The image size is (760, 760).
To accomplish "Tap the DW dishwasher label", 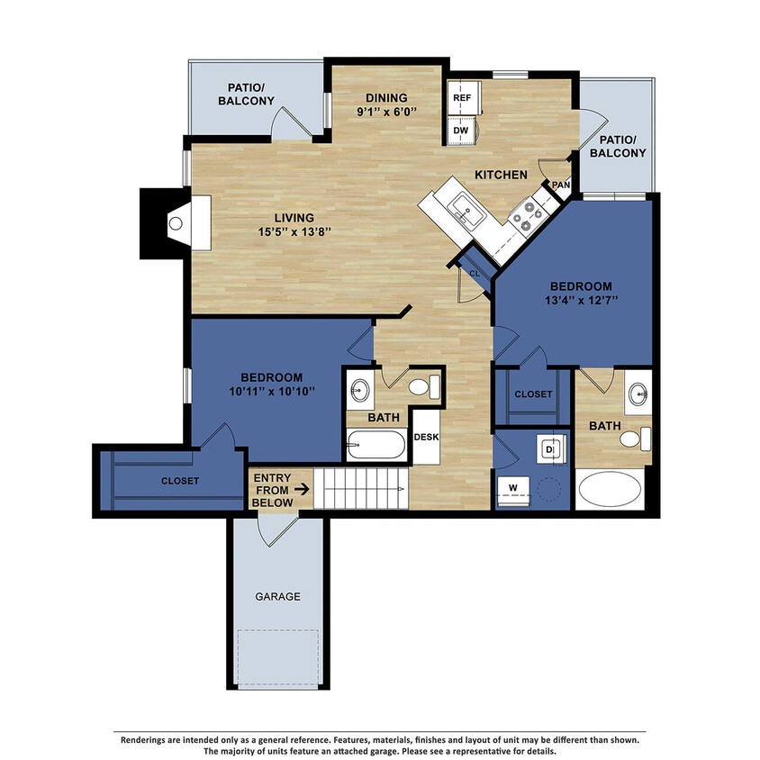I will (x=462, y=131).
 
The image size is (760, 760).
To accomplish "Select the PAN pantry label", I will (x=561, y=185).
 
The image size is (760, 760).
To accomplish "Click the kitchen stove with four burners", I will (x=524, y=214).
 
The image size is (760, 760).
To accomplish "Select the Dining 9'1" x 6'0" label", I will (x=386, y=104).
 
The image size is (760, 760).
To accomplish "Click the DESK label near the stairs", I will (x=425, y=438).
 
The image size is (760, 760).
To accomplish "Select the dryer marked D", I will (x=550, y=447).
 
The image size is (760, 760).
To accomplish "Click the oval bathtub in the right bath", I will (x=611, y=492).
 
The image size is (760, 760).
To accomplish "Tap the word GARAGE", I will (x=277, y=596).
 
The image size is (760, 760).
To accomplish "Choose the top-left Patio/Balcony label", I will (x=246, y=94).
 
